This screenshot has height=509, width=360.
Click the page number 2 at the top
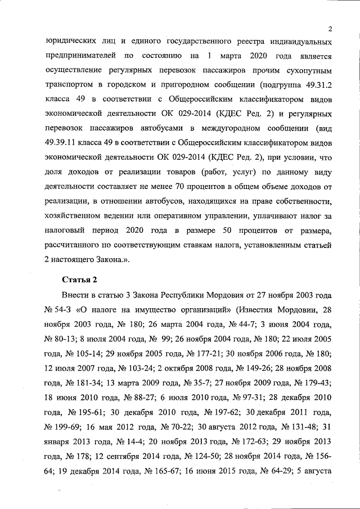pyautogui.click(x=331, y=29)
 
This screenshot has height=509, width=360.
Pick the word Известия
pyautogui.click(x=263, y=310)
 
